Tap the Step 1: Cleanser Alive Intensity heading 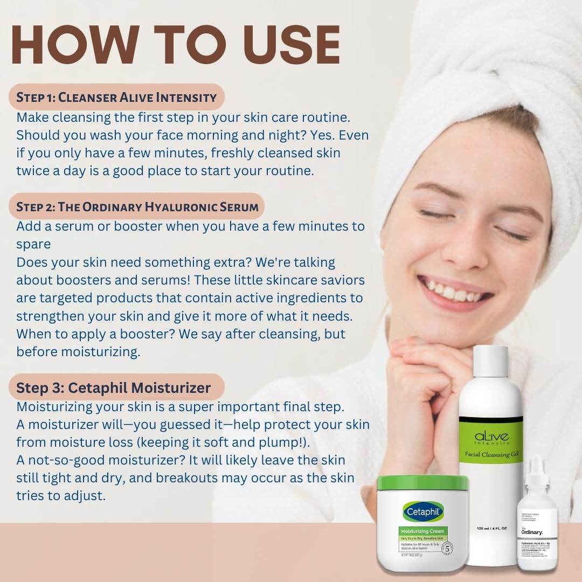tap(116, 98)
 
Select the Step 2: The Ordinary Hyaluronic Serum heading tap(137, 206)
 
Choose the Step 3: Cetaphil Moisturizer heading tap(113, 387)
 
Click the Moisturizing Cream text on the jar tap(423, 531)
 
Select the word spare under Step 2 tap(33, 244)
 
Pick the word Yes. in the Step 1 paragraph tap(310, 135)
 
